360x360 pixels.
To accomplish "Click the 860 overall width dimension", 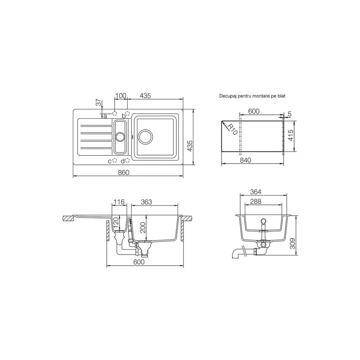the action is click(x=124, y=172).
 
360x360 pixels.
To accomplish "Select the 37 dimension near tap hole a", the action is click(x=99, y=102).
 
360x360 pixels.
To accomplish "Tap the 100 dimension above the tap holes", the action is click(x=121, y=96).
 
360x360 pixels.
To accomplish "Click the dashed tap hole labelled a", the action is click(x=115, y=113).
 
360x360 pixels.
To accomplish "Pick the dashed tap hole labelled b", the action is click(x=128, y=114).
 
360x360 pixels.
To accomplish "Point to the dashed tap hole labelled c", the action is click(x=115, y=160).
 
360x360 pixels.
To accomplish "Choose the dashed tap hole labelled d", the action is click(x=128, y=160).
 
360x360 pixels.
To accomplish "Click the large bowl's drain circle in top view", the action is click(x=145, y=137).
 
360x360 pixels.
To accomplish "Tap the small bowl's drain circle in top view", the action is click(x=120, y=137).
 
